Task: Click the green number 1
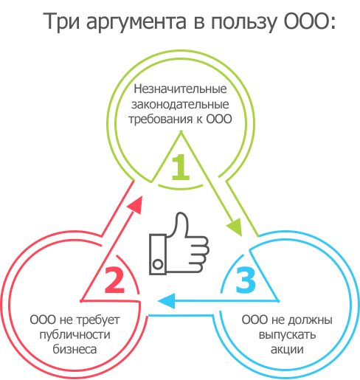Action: pyautogui.click(x=181, y=167)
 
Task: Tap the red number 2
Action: pyautogui.click(x=114, y=280)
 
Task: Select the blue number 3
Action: pyautogui.click(x=246, y=280)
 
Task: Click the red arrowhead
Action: pyautogui.click(x=135, y=205)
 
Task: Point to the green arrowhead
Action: pyautogui.click(x=235, y=227)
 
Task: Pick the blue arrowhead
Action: pyautogui.click(x=167, y=301)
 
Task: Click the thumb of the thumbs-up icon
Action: pyautogui.click(x=181, y=224)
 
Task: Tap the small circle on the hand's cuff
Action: pyautogui.click(x=158, y=264)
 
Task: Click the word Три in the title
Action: pyautogui.click(x=61, y=21)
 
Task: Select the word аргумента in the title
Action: pyautogui.click(x=136, y=23)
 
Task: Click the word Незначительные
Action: pyautogui.click(x=180, y=89)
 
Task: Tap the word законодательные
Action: pyautogui.click(x=180, y=104)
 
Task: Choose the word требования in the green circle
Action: pyautogui.click(x=161, y=120)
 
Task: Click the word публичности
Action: pyautogui.click(x=75, y=335)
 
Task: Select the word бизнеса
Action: pyautogui.click(x=75, y=349)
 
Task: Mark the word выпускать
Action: pyautogui.click(x=287, y=335)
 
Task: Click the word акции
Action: pyautogui.click(x=287, y=350)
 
